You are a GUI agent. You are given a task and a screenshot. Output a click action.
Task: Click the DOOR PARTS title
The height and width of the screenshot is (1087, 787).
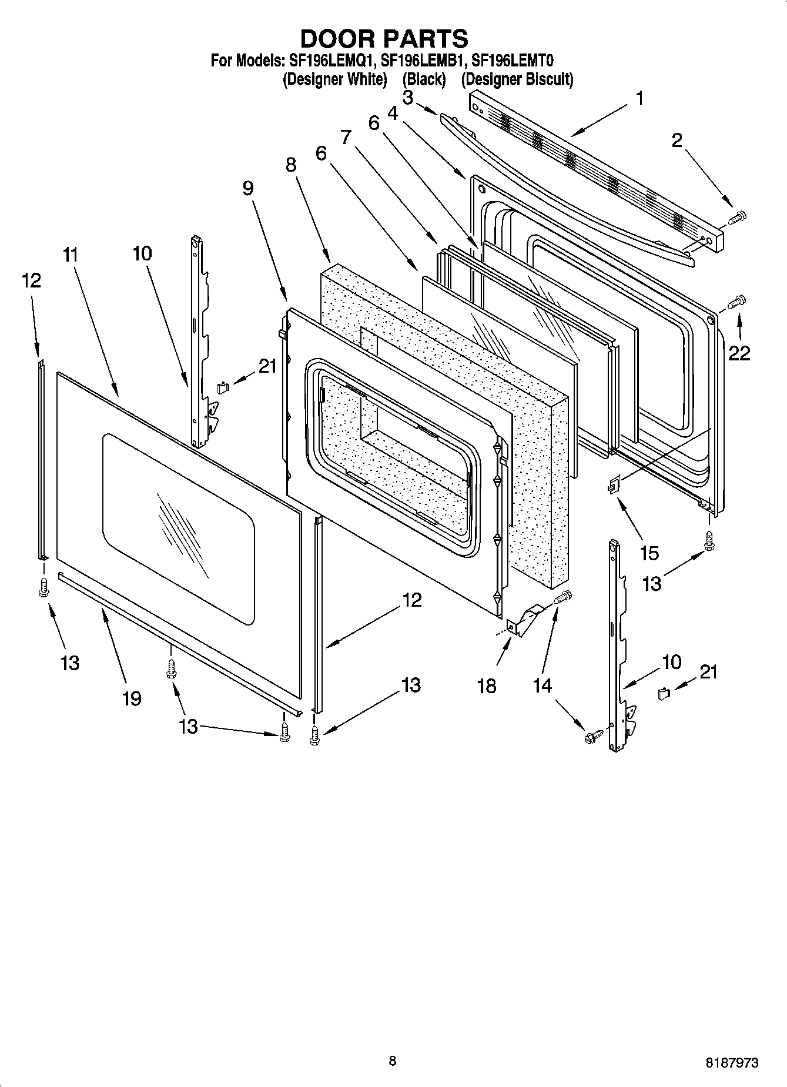(x=384, y=39)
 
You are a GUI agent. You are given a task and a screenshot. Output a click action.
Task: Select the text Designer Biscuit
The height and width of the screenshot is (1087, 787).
(x=517, y=79)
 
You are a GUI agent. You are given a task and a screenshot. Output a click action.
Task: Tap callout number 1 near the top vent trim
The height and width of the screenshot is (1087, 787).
(x=639, y=99)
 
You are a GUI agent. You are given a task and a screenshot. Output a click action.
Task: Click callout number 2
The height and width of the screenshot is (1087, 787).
(x=677, y=140)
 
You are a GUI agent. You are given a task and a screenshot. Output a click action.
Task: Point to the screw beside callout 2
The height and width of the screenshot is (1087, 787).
(x=737, y=219)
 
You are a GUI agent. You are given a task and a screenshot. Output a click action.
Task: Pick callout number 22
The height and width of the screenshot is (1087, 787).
(x=739, y=353)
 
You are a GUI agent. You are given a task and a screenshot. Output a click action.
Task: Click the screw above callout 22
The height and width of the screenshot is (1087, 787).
(x=737, y=303)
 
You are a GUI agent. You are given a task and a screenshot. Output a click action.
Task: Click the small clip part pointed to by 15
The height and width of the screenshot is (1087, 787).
(x=614, y=486)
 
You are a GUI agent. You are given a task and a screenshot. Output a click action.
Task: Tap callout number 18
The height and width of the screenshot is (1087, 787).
(x=487, y=685)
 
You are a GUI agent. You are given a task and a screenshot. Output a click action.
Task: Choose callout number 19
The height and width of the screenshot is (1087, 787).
(x=132, y=698)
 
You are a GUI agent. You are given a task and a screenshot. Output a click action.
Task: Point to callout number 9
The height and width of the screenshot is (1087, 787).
(x=247, y=188)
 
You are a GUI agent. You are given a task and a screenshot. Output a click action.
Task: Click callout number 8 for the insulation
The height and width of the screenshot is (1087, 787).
(x=291, y=165)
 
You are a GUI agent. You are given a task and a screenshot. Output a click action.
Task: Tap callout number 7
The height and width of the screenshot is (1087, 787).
(x=346, y=138)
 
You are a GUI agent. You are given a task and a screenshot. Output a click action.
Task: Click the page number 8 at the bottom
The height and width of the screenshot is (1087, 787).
(x=393, y=1061)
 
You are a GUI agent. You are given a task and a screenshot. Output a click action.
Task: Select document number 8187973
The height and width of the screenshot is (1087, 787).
(x=732, y=1062)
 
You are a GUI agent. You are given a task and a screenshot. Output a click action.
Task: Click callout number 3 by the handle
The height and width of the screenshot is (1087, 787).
(x=408, y=97)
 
